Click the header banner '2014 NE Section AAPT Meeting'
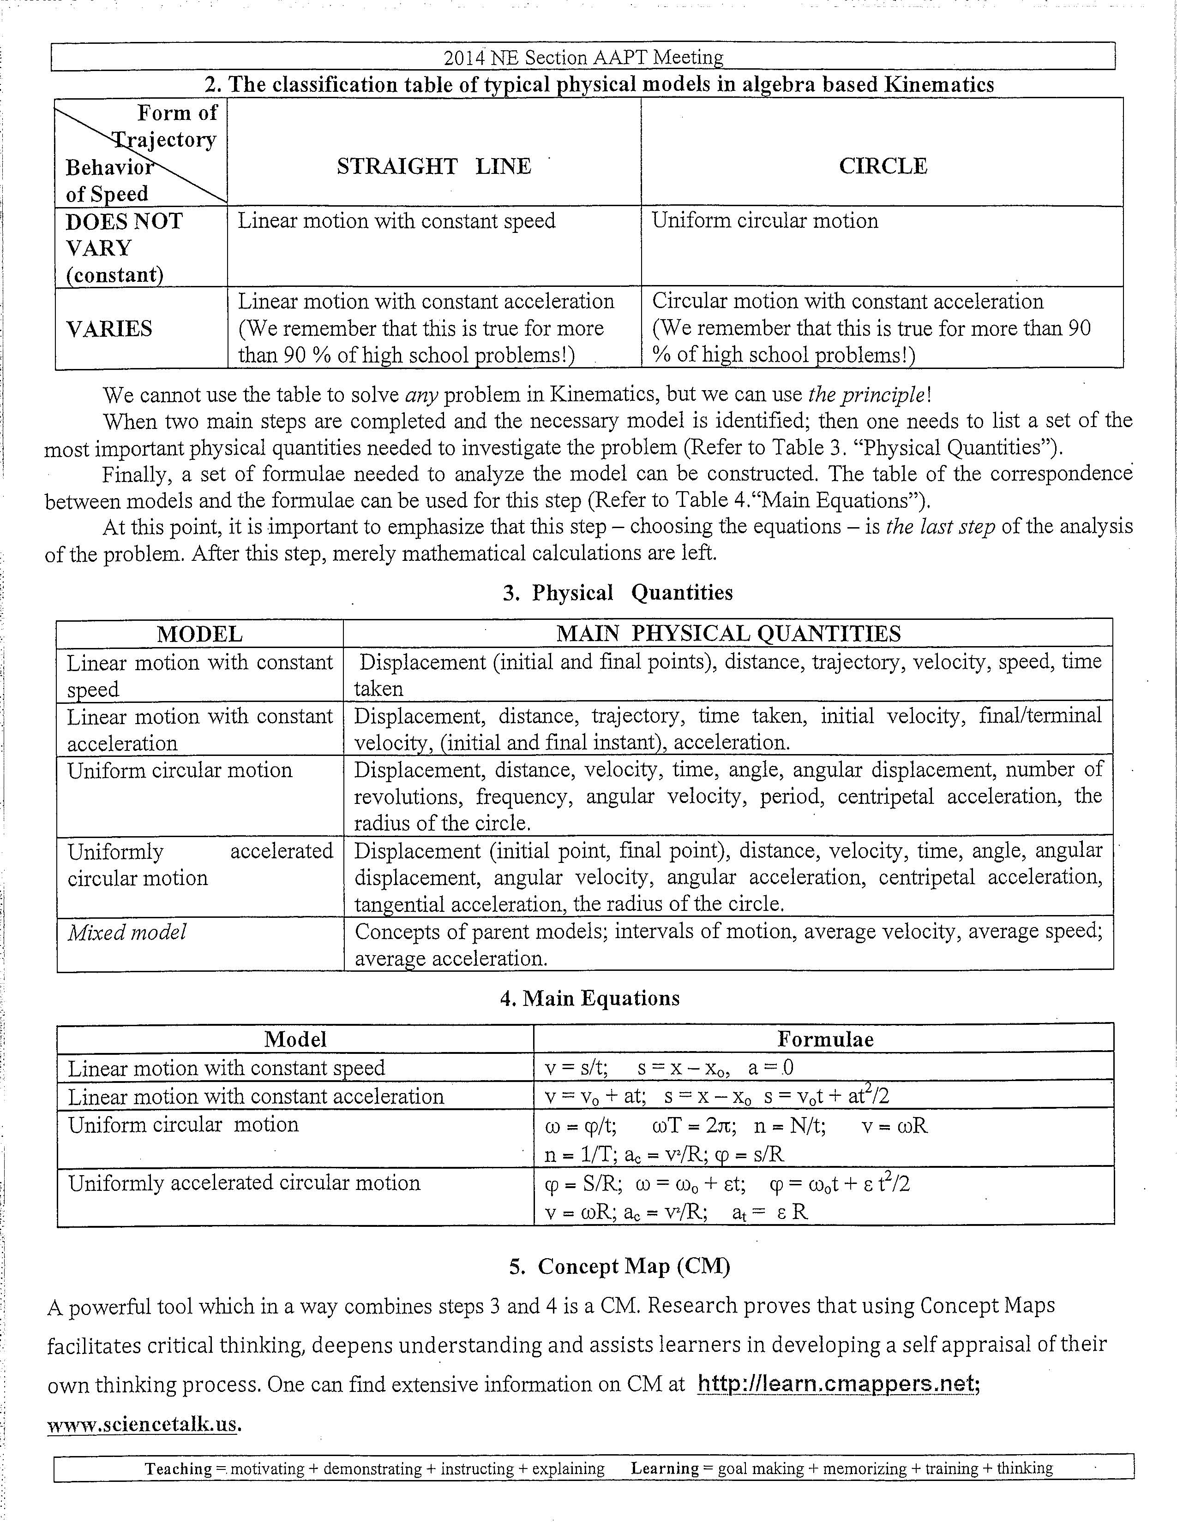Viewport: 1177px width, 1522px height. coord(583,57)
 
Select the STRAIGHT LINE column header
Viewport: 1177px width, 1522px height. coord(434,166)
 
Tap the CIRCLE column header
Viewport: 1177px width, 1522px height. coord(883,166)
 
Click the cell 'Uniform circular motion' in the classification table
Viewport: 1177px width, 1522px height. coord(765,221)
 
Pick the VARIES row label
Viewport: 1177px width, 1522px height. coord(109,328)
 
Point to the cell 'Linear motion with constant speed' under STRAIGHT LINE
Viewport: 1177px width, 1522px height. coord(397,221)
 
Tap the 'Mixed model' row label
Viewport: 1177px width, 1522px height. coord(127,933)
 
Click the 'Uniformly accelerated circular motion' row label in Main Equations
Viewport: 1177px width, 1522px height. coord(244,1183)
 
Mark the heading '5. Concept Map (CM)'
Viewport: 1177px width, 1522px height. coord(619,1266)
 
